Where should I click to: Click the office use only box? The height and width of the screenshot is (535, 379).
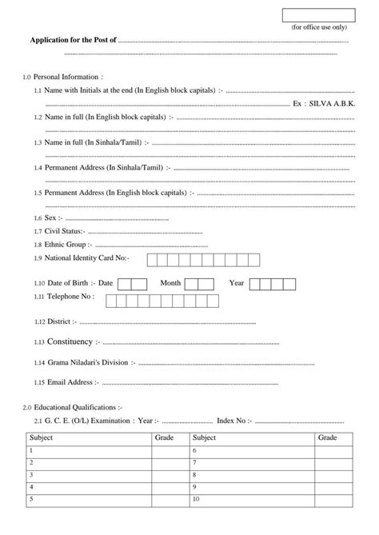tap(317, 16)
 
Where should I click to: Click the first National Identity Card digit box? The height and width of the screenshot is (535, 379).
tap(152, 258)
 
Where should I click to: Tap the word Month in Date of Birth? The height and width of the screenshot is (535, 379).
tap(170, 283)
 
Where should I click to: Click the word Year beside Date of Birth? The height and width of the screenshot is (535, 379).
tap(236, 283)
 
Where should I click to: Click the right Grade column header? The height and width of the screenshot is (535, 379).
tap(327, 438)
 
